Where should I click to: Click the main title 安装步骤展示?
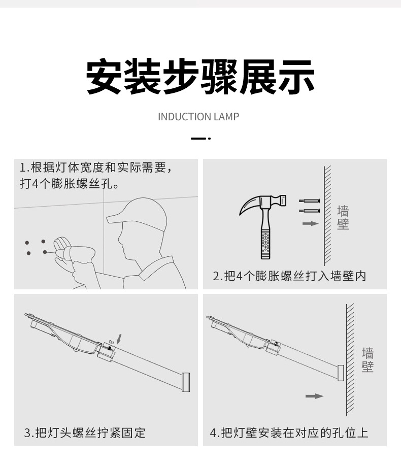(x=200, y=77)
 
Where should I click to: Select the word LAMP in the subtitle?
(x=226, y=117)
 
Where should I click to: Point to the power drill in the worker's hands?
(x=76, y=252)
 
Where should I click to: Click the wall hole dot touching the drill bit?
(x=45, y=252)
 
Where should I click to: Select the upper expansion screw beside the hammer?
(x=309, y=201)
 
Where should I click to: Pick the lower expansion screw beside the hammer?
(x=309, y=210)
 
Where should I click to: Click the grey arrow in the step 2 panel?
(x=310, y=223)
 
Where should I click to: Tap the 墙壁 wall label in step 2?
(x=343, y=217)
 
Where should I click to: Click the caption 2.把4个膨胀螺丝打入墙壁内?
(x=289, y=276)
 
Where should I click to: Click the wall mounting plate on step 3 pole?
(x=186, y=382)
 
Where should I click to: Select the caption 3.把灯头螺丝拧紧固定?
(x=85, y=433)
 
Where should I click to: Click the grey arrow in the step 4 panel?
(x=314, y=395)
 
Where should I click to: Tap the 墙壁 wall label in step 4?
(x=367, y=360)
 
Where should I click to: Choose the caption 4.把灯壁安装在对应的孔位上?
(x=289, y=433)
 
